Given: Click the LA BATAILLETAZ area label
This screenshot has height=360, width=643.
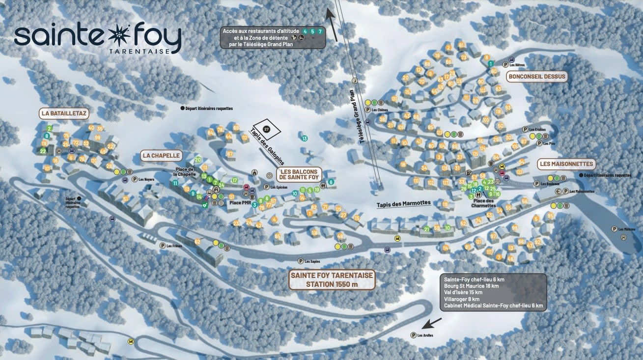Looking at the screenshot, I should [x=64, y=113].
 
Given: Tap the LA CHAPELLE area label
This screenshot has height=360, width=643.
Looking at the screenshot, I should [x=161, y=156].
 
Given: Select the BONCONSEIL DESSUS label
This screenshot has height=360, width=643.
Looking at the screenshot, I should [x=537, y=77].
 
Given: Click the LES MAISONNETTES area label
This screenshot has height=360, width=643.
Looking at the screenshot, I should [x=566, y=164].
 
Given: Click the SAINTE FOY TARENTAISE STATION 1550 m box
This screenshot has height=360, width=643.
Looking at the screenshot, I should [x=332, y=279].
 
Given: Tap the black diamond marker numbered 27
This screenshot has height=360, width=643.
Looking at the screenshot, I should [x=267, y=130].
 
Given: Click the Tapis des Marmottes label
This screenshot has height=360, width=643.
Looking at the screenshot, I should [x=403, y=203].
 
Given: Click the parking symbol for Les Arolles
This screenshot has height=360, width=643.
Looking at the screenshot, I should [x=413, y=335].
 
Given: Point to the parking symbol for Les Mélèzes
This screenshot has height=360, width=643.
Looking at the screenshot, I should [x=614, y=229].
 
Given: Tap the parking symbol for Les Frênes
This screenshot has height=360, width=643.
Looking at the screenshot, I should [x=162, y=246].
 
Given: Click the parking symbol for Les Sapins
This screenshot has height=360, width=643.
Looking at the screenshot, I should [x=300, y=261].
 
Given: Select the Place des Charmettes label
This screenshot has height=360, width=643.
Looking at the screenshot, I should [x=483, y=203].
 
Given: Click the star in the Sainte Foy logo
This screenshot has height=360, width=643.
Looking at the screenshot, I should [x=120, y=35].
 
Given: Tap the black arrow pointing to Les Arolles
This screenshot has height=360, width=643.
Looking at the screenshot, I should [x=432, y=323].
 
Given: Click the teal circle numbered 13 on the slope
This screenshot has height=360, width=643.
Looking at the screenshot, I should [x=305, y=138].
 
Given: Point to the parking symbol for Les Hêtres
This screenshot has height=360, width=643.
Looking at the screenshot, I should [x=505, y=64].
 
